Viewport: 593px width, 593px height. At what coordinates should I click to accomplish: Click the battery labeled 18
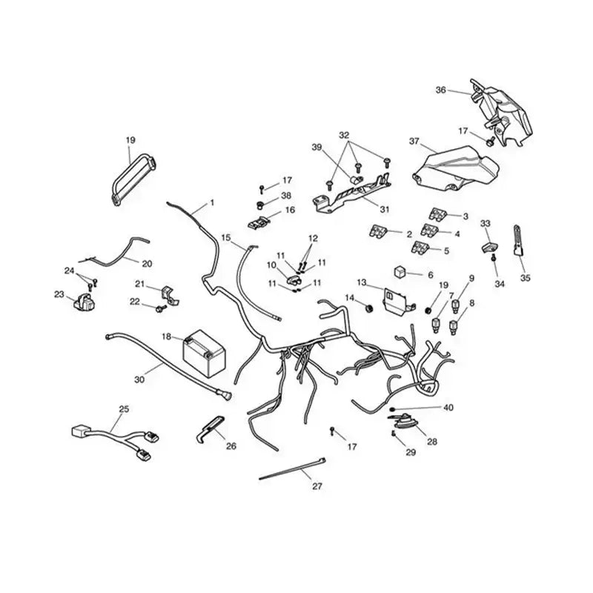[205, 353]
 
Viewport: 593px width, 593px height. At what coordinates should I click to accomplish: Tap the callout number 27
[317, 486]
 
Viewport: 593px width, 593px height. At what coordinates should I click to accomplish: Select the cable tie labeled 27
[292, 468]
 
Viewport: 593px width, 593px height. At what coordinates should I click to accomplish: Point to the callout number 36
[440, 90]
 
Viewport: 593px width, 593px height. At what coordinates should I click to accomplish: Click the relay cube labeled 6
[400, 272]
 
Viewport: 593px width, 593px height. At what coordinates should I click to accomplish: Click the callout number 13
[362, 282]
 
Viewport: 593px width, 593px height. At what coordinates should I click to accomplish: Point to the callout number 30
[139, 379]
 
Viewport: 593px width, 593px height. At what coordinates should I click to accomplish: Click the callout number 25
[124, 409]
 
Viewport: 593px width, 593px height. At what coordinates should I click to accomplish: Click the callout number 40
[448, 408]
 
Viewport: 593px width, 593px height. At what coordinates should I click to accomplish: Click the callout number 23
[59, 294]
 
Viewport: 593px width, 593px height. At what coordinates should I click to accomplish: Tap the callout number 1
[212, 202]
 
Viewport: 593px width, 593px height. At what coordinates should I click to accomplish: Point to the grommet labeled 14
[368, 308]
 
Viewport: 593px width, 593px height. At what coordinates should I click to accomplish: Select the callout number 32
[344, 135]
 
